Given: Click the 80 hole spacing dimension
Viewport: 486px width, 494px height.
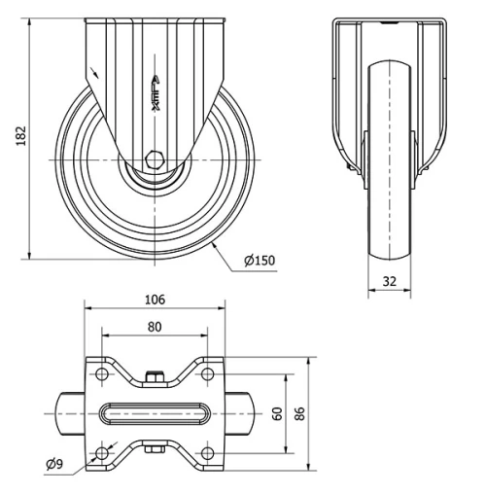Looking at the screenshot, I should click(155, 328).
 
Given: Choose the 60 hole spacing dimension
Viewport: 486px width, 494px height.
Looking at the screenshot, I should click(277, 413).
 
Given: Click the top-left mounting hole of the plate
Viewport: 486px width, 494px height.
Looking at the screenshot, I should click(103, 373).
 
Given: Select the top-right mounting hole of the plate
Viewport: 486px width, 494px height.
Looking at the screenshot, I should click(207, 373).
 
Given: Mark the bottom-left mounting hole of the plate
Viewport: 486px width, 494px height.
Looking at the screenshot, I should click(103, 452).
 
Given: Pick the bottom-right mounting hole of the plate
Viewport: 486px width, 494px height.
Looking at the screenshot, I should click(207, 452).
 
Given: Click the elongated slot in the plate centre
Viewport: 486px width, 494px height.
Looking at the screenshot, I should click(155, 413).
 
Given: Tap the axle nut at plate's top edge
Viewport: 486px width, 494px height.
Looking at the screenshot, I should click(155, 375).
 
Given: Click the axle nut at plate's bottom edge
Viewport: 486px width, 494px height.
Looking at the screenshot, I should click(155, 449).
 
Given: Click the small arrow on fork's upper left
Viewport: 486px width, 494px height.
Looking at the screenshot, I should click(94, 70).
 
